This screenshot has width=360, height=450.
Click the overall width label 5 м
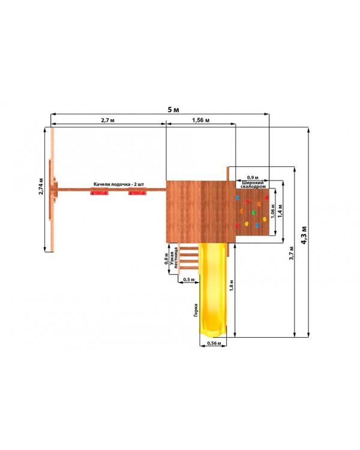[173, 109]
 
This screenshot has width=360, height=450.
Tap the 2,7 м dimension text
[107, 120]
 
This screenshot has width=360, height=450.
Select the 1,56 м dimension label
[200, 119]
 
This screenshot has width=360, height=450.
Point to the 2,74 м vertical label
[41, 186]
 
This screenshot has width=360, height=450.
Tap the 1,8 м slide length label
[232, 286]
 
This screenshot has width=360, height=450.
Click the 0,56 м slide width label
[214, 343]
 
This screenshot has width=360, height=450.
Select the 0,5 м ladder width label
[189, 279]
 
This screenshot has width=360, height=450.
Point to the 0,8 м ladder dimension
[166, 259]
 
